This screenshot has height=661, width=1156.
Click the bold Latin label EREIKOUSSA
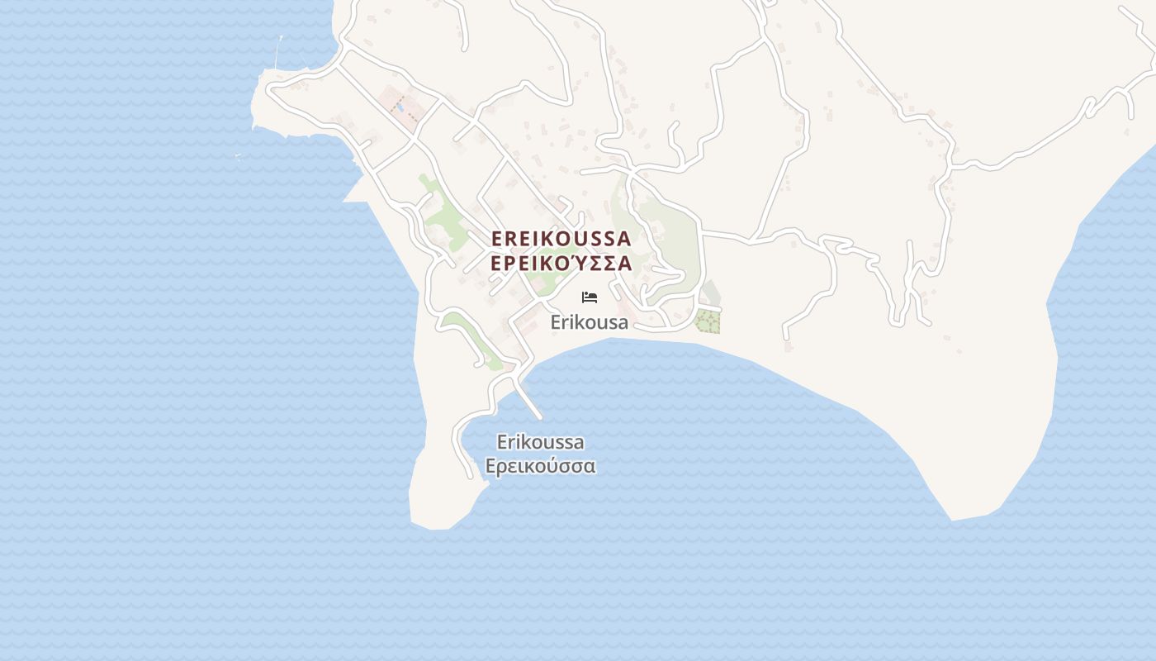pos(561,238)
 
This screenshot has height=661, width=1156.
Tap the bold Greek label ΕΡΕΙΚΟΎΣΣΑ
pos(561,264)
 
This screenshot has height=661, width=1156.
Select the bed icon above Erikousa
pos(590,297)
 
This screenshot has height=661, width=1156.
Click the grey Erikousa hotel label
pos(590,322)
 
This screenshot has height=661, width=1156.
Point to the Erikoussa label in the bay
pos(540,442)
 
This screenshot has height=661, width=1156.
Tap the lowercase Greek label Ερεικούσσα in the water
pos(540,466)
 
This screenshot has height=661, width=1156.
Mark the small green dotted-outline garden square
pos(707,321)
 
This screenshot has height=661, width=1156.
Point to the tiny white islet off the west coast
pos(238,155)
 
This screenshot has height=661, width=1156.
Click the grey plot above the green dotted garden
pos(709,293)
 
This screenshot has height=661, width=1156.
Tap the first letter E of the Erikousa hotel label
pos(556,322)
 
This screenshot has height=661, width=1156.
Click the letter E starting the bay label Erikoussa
pos(501,442)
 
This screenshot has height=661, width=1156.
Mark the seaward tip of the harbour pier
pos(540,417)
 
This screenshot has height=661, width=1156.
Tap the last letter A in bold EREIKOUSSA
pos(623,238)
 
